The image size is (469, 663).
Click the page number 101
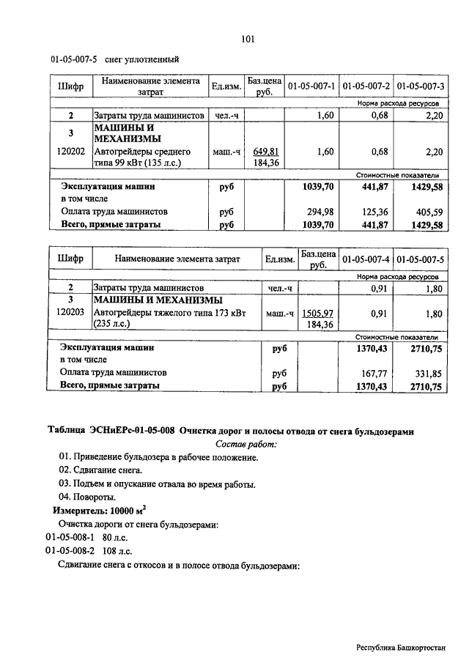tap(246, 39)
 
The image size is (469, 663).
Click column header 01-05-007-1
tap(311, 86)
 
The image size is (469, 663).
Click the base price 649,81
tap(265, 151)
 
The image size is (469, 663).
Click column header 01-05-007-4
tap(366, 259)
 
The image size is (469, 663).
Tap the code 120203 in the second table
tap(70, 313)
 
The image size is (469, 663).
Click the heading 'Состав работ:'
tap(246, 444)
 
